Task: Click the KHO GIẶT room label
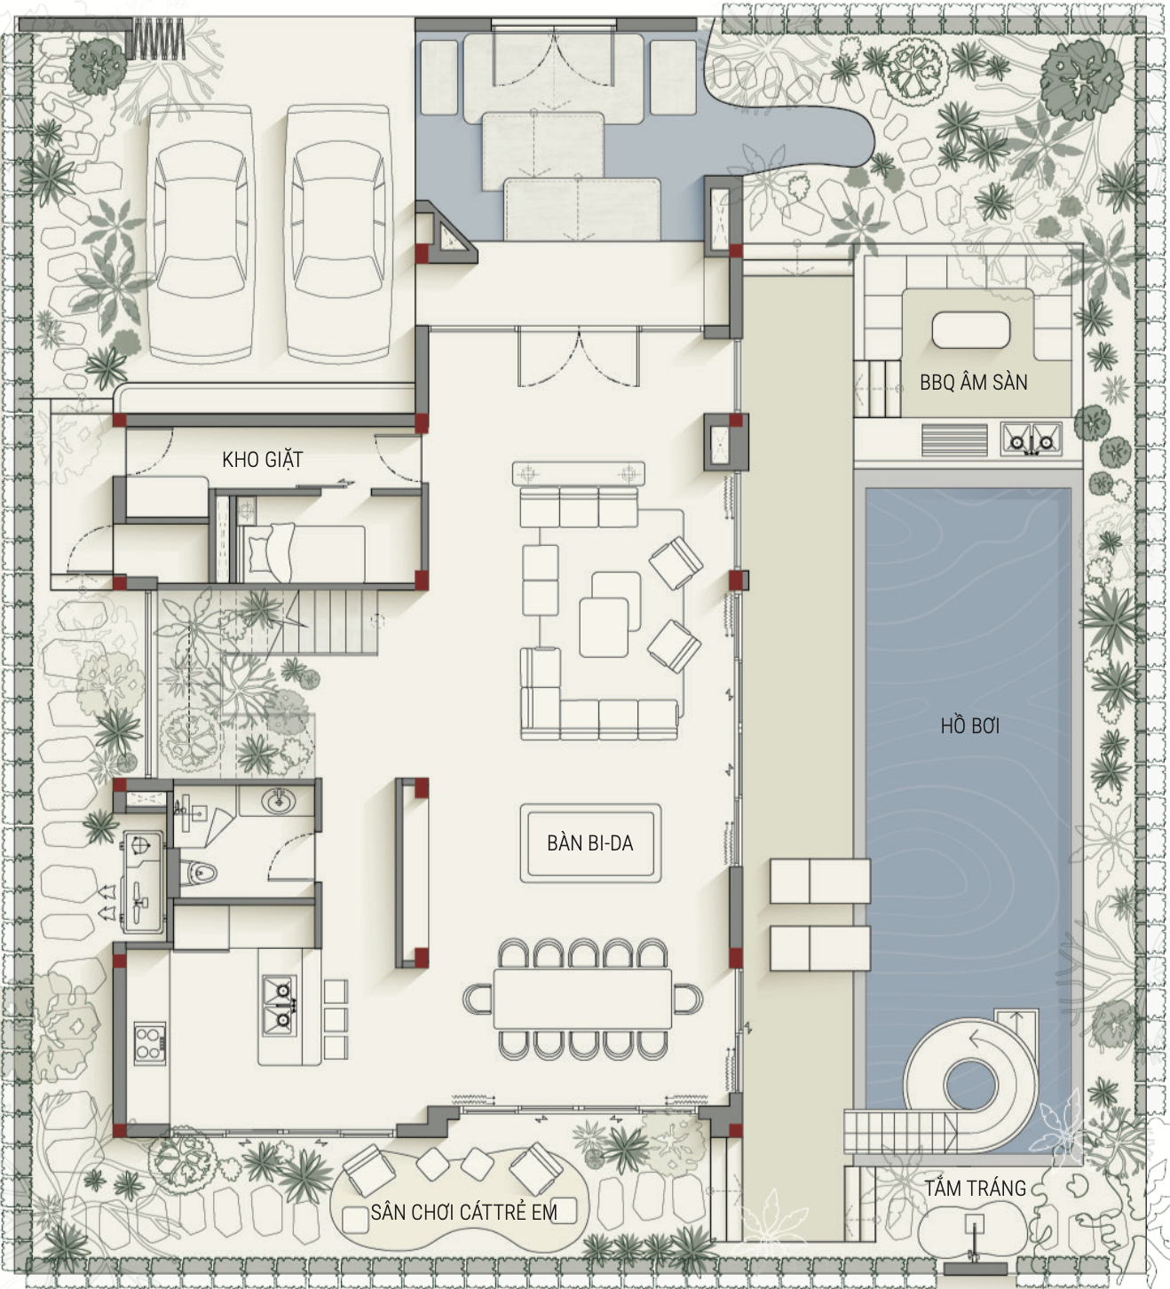coord(262,460)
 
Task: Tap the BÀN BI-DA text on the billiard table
coord(590,843)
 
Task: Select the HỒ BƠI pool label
coord(970,726)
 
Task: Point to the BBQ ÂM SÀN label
coord(973,383)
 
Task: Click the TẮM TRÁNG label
coord(976,1188)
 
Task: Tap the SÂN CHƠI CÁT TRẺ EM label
coord(463,1212)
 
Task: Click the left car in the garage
coord(201,234)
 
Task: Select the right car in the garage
coord(338,234)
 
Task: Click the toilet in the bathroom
coord(198,872)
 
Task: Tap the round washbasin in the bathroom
coord(279,801)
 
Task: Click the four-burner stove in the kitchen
coord(149,1043)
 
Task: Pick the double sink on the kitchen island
coord(279,1006)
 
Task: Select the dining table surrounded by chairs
coord(582,999)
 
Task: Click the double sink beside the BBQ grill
coord(1031,439)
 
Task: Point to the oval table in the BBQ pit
coord(971,330)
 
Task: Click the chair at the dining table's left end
coord(478,1000)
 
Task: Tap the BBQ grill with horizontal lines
coord(954,440)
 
